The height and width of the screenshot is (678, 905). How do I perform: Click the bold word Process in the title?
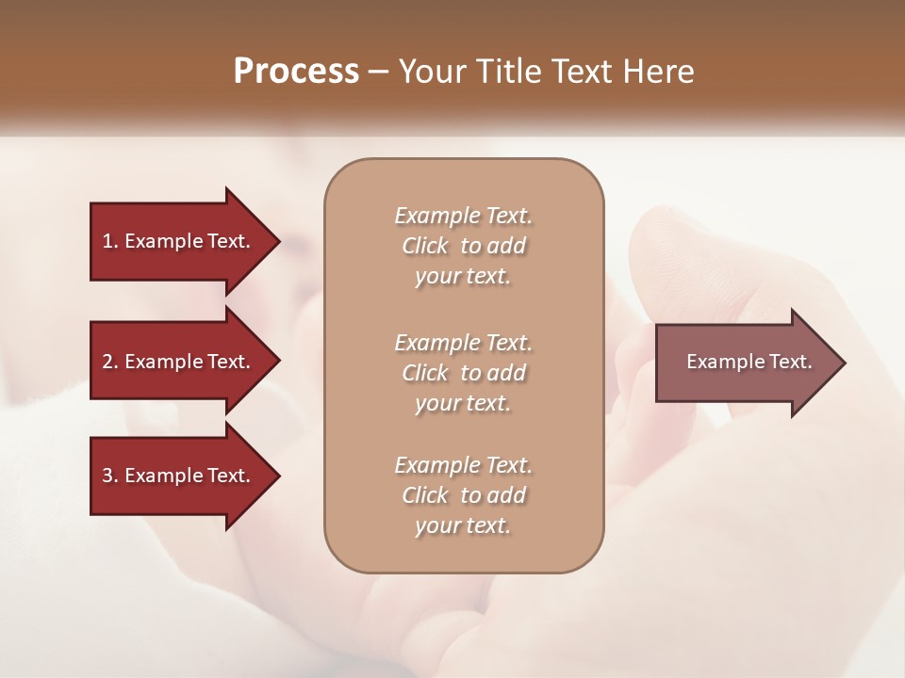point(296,72)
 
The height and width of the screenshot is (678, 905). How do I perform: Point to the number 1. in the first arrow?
point(110,241)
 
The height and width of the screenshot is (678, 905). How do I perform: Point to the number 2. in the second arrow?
point(110,362)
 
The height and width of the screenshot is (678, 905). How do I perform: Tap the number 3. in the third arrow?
point(110,476)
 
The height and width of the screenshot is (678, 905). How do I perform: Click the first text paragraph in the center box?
point(463,246)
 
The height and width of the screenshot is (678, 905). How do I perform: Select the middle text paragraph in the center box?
point(463,373)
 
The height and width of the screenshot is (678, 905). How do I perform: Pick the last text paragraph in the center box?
point(463,495)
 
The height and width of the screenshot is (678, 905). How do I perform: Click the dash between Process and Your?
point(379,73)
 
